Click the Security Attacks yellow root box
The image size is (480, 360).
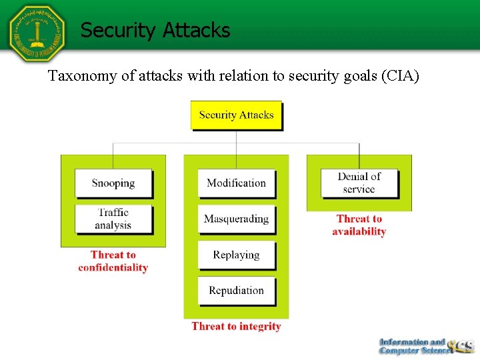[x=236, y=115]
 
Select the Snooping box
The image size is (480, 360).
[x=113, y=183]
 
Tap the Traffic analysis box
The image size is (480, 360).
[x=113, y=219]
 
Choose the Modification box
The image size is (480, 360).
[x=236, y=183]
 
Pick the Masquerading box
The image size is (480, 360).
[x=236, y=219]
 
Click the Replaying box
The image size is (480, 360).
[x=236, y=255]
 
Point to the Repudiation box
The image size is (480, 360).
[x=236, y=291]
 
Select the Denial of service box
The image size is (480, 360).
[x=359, y=183]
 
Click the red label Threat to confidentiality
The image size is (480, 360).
[x=113, y=261]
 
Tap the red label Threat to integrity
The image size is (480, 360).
[x=236, y=327]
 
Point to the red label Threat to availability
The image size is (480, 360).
[x=359, y=225]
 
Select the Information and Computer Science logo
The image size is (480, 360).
[x=425, y=346]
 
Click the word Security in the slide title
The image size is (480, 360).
[x=117, y=31]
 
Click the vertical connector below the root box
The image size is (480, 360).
[x=236, y=137]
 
